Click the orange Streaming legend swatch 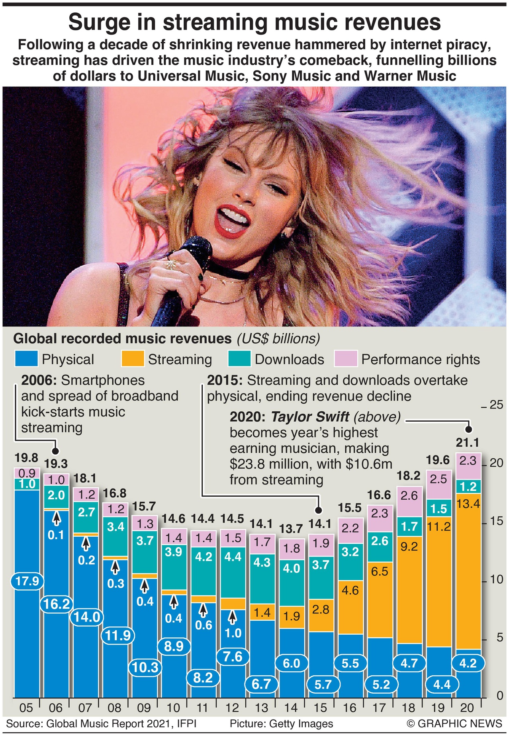coord(132,358)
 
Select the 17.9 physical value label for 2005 coord(27,581)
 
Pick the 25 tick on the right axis coord(496,405)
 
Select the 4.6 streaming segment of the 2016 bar coord(350,590)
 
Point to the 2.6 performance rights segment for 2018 coord(409,496)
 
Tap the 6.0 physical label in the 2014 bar coord(292,663)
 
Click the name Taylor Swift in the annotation coord(310,417)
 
